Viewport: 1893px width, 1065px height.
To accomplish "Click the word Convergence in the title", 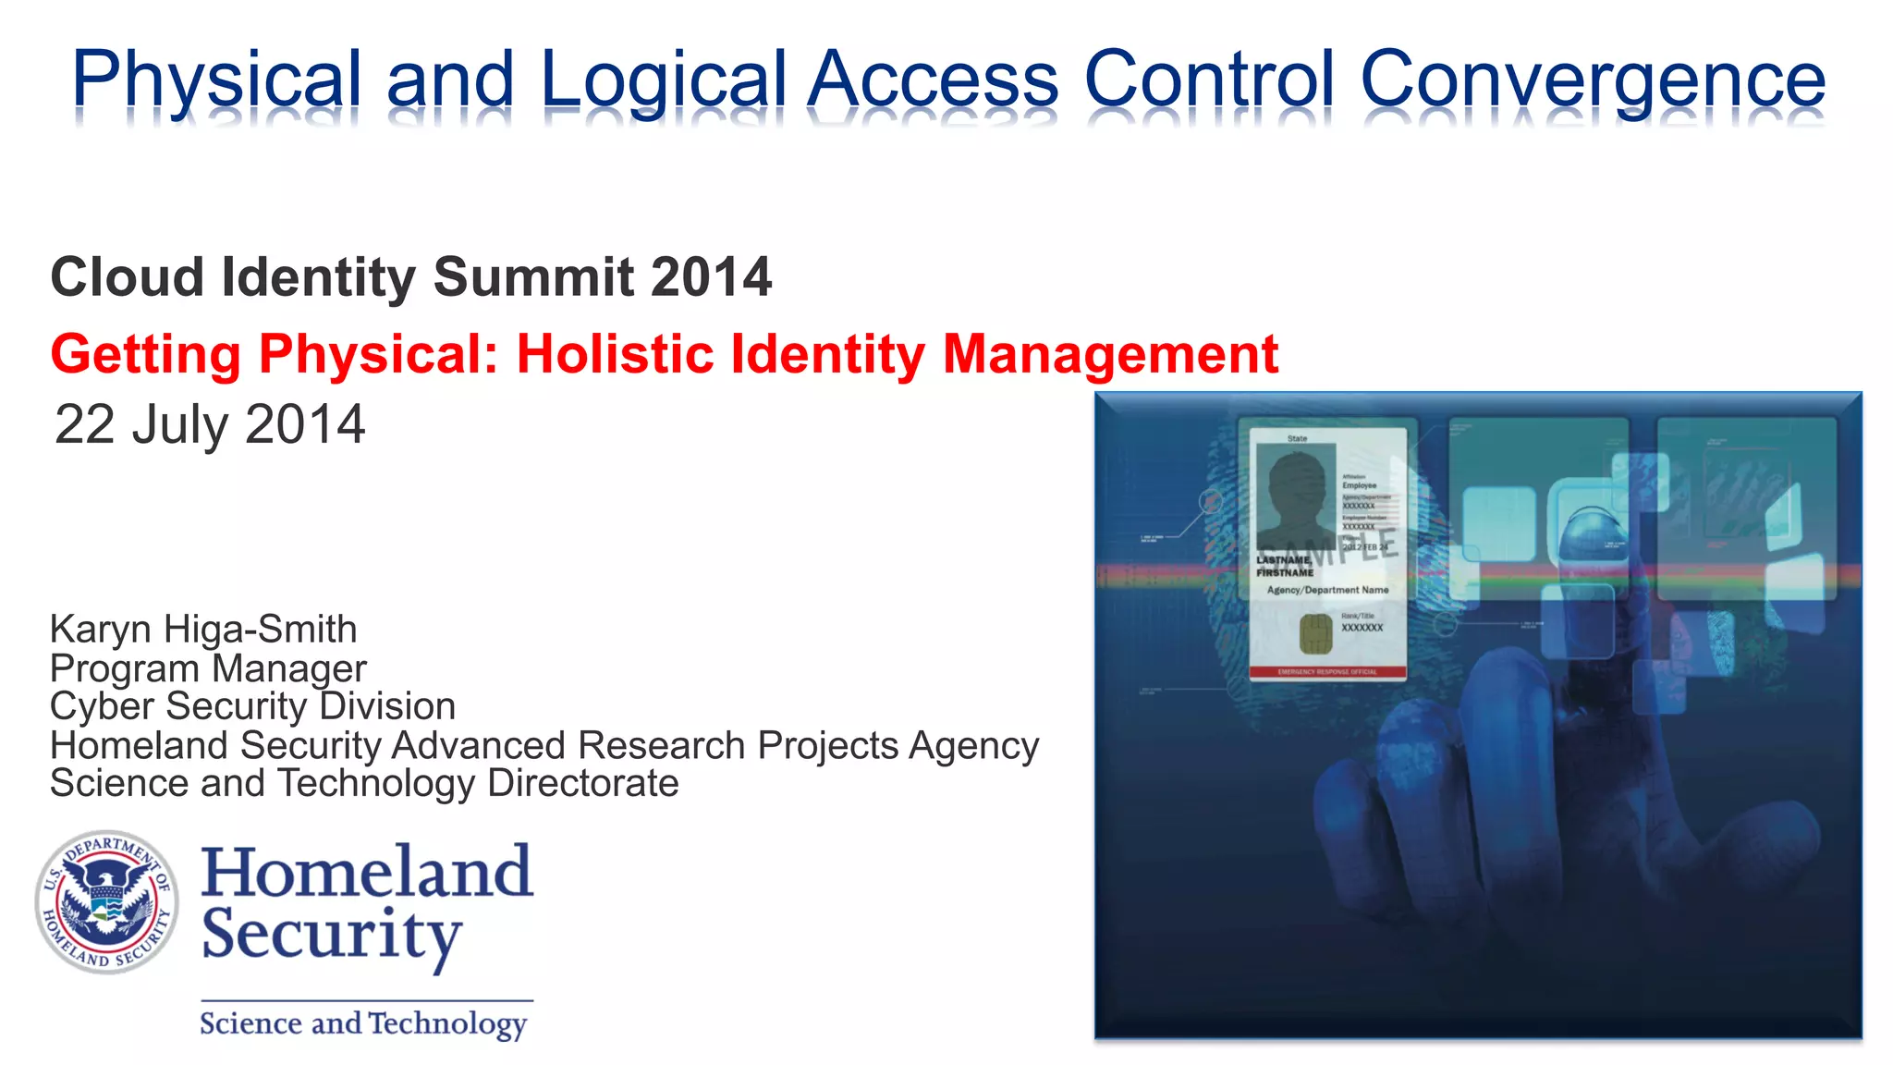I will tap(1592, 81).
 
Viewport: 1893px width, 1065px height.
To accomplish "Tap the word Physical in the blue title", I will tap(216, 81).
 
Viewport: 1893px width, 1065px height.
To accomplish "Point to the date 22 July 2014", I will tap(210, 424).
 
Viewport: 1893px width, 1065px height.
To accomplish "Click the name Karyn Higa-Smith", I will tap(203, 630).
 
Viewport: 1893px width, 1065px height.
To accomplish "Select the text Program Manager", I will tap(208, 668).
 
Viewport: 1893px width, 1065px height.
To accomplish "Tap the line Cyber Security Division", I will tap(252, 706).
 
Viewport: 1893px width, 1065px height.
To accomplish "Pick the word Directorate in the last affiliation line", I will tap(582, 783).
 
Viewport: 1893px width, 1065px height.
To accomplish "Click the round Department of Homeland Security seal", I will tap(107, 901).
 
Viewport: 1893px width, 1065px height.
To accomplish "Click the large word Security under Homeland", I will tap(331, 936).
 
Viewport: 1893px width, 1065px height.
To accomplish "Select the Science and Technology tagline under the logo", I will tap(363, 1023).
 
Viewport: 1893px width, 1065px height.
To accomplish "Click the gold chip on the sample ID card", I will tap(1315, 634).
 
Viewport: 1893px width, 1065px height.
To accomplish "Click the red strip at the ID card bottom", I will tap(1327, 672).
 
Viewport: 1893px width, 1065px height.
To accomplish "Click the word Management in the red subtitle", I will tap(1110, 354).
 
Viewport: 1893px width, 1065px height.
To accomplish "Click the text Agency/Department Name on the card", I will tap(1327, 590).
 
